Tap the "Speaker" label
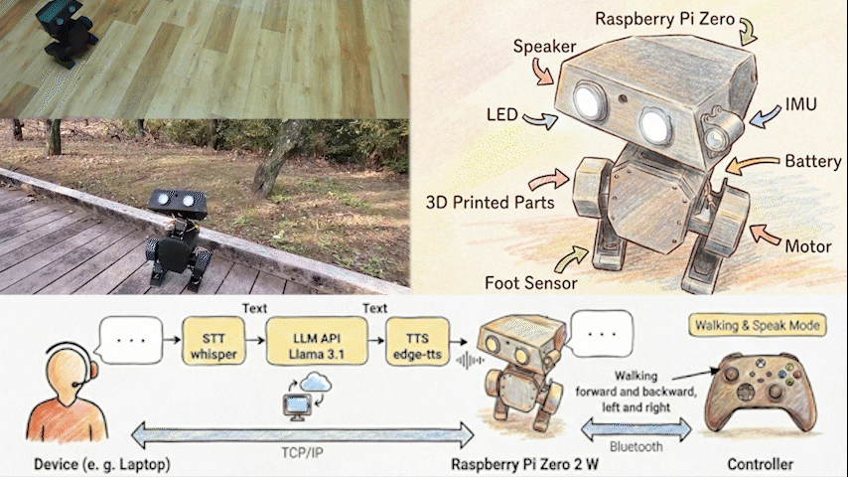point(542,47)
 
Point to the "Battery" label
point(813,161)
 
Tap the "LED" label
point(502,116)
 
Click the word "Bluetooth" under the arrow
point(636,447)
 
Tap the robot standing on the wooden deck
point(177,239)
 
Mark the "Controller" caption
point(760,464)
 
